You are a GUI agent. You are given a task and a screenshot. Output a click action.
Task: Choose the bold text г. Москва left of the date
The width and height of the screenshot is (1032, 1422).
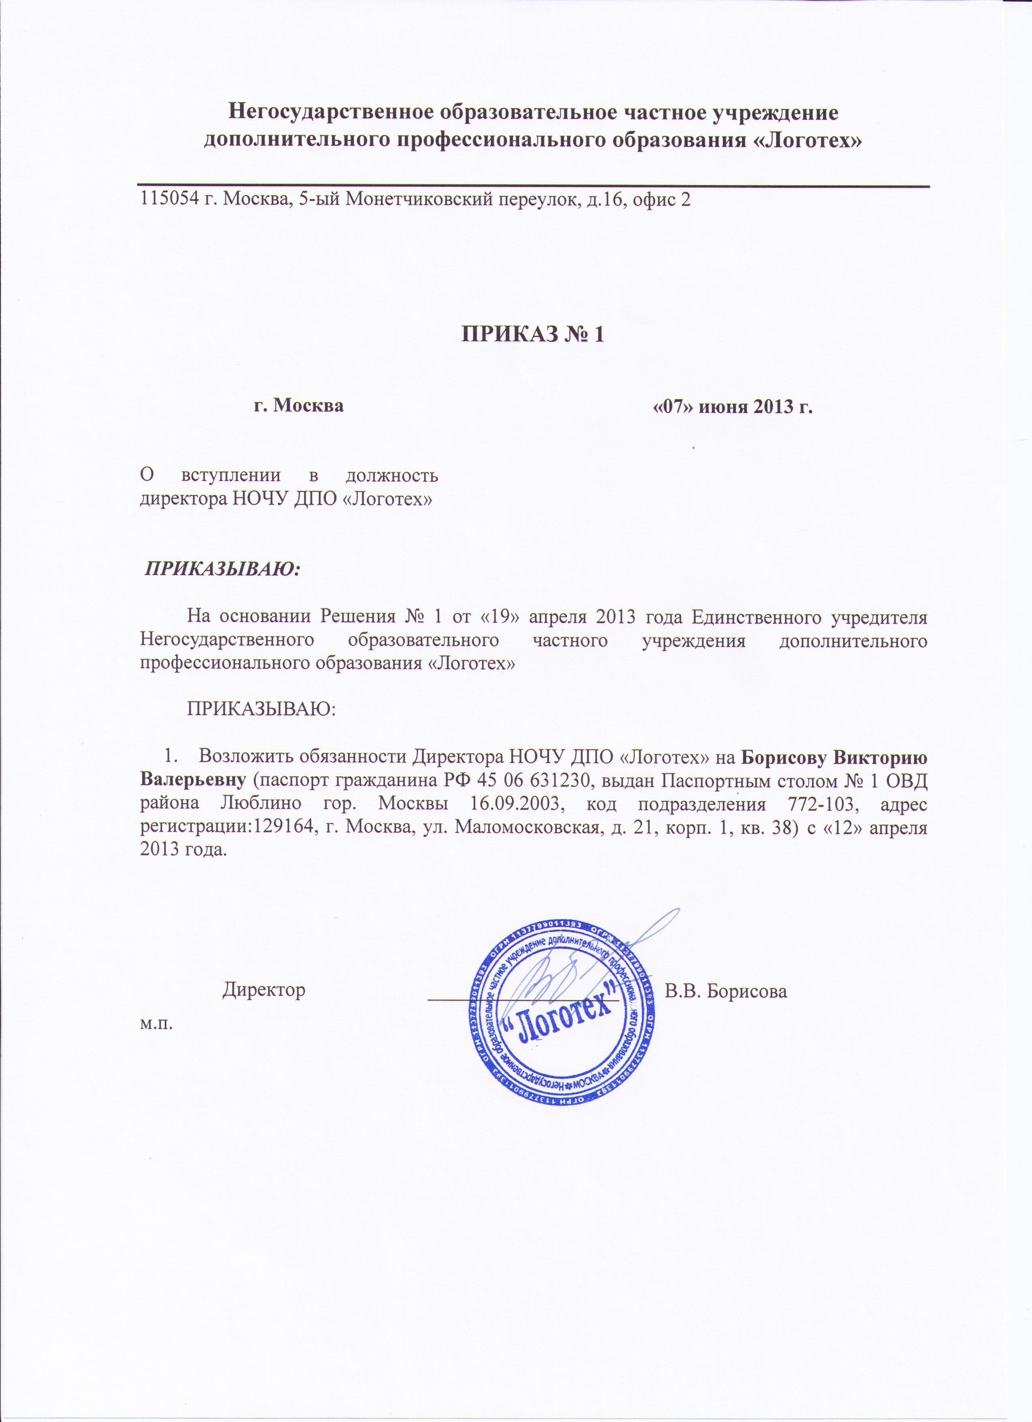(298, 405)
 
